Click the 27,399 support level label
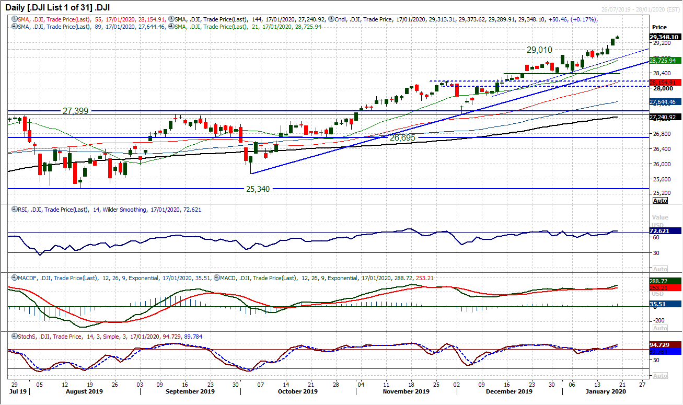coord(75,111)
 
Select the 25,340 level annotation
coord(258,189)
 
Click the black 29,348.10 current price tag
coord(664,37)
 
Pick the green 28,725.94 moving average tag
coord(664,61)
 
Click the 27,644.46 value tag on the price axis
coord(664,102)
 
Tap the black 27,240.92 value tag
coord(664,118)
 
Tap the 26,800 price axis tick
coord(660,133)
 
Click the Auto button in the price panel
coord(660,201)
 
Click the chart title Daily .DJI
coord(50,8)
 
